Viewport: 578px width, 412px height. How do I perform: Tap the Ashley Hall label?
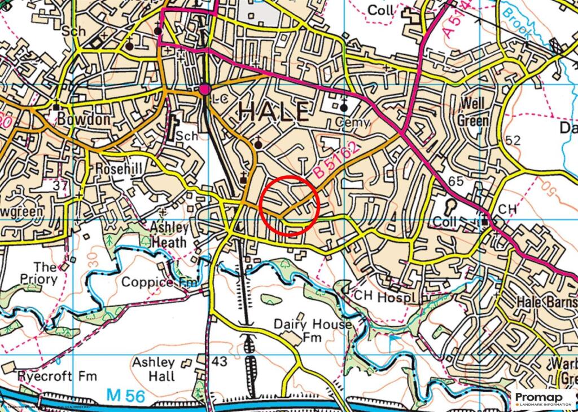[x=154, y=370]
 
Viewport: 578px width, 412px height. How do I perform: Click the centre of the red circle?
[x=290, y=205]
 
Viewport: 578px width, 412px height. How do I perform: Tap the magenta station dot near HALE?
[x=205, y=89]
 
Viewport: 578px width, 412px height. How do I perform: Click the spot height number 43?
[x=220, y=361]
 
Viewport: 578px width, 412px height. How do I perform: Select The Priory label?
[x=46, y=273]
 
